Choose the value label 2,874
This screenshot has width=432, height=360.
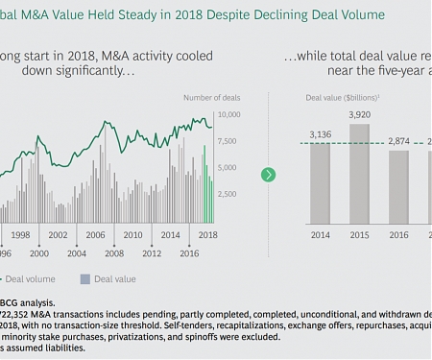click(398, 141)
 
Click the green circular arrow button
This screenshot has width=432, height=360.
click(269, 174)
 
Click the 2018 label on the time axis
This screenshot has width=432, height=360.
click(208, 234)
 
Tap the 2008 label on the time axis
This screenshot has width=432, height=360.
click(114, 252)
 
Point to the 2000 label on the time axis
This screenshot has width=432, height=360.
click(39, 252)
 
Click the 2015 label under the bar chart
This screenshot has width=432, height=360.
click(358, 233)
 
